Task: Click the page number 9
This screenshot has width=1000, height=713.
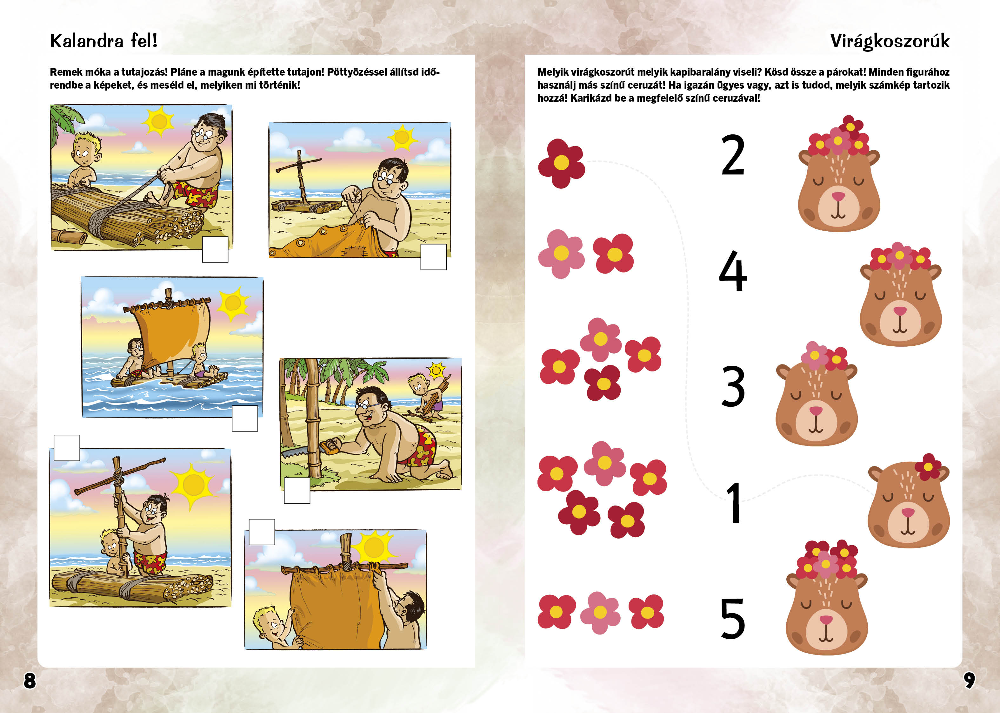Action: pos(969,680)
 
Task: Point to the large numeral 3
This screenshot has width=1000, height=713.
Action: pos(733,386)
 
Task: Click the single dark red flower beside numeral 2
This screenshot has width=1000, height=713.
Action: pos(561,163)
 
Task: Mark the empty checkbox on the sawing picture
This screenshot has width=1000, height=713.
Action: pos(297,490)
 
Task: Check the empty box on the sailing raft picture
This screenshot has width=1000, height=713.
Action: pos(245,418)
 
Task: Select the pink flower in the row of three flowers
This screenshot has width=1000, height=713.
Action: pos(600,613)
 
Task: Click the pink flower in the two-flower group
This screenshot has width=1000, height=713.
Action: pos(561,254)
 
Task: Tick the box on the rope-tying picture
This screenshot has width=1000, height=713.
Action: pos(215,249)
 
